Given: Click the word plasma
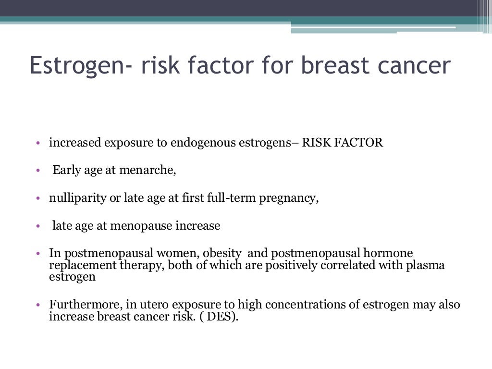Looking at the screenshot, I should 428,265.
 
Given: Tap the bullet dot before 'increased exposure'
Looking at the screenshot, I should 38,144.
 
